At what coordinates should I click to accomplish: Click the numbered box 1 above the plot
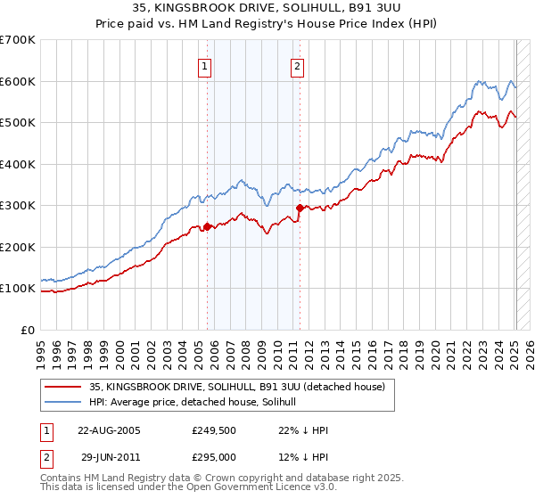pos(205,65)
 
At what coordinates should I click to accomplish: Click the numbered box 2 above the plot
pos(296,65)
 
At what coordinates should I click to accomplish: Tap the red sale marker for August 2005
pos(208,226)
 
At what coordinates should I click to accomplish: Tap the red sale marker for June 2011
pos(300,208)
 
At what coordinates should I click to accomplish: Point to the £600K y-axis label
pos(18,81)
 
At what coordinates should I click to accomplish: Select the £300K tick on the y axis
pos(18,205)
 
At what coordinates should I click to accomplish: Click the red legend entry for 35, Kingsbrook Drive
pos(236,387)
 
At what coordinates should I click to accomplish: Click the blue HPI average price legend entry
pos(198,403)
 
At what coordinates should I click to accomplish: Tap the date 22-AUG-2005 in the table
pos(109,430)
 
